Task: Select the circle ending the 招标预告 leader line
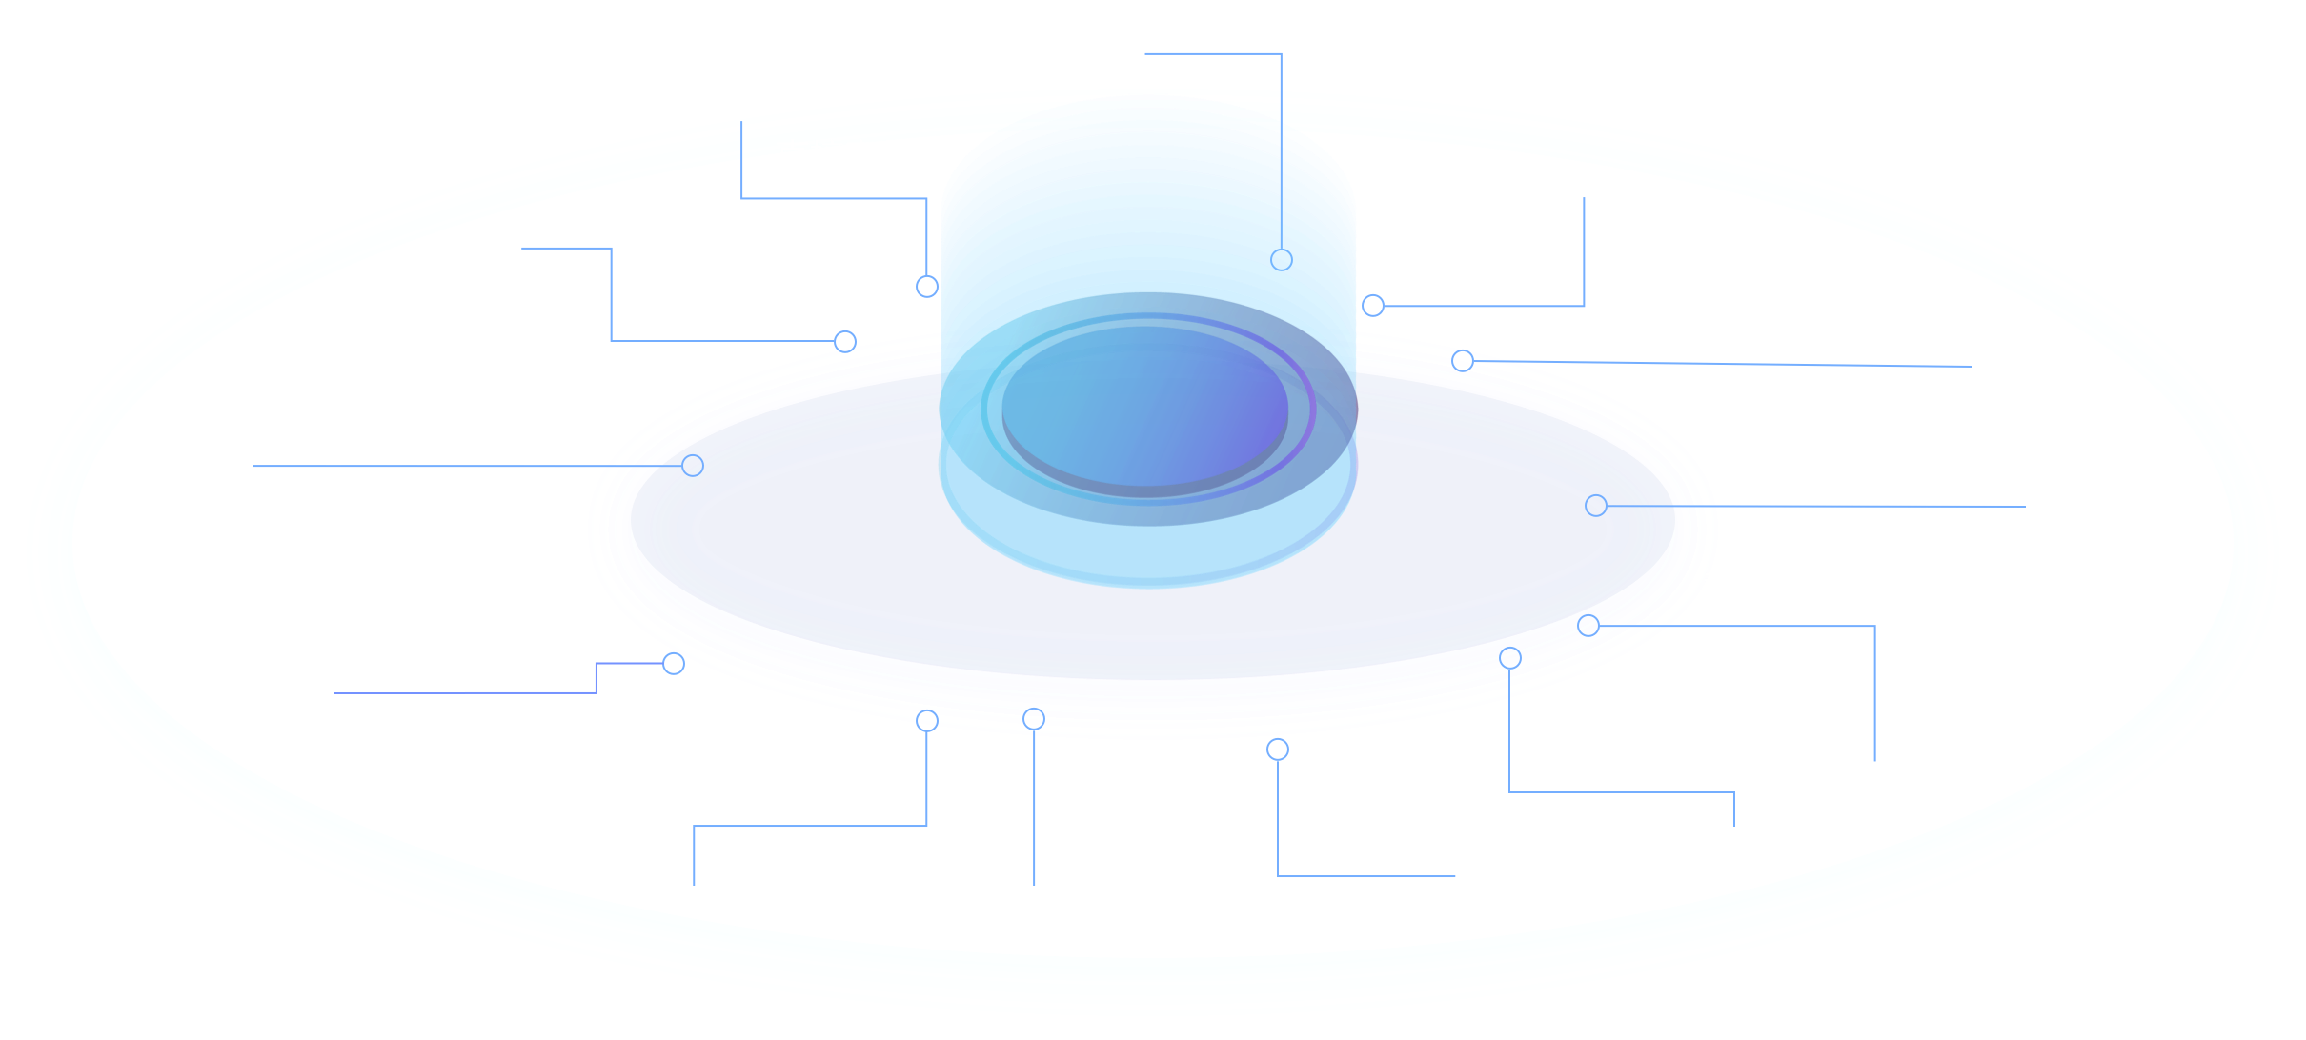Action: [x=1282, y=259]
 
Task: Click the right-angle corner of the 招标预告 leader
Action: [x=1281, y=54]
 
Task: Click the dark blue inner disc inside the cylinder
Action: [x=1144, y=410]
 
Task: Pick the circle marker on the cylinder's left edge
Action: [x=927, y=287]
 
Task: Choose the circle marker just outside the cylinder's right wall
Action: [x=1372, y=306]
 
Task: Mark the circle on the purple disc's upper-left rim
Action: [x=845, y=341]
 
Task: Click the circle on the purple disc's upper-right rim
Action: [x=1463, y=360]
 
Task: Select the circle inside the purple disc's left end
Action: [x=693, y=466]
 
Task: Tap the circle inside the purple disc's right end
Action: [x=1596, y=506]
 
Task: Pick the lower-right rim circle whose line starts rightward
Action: [x=1588, y=626]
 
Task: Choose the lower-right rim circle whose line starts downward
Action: [x=1510, y=658]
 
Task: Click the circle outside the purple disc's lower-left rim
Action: [x=674, y=664]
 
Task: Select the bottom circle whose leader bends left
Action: [x=927, y=721]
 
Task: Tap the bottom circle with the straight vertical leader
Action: [x=1034, y=719]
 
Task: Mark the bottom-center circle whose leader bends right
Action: [x=1278, y=750]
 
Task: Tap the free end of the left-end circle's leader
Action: [x=254, y=466]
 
